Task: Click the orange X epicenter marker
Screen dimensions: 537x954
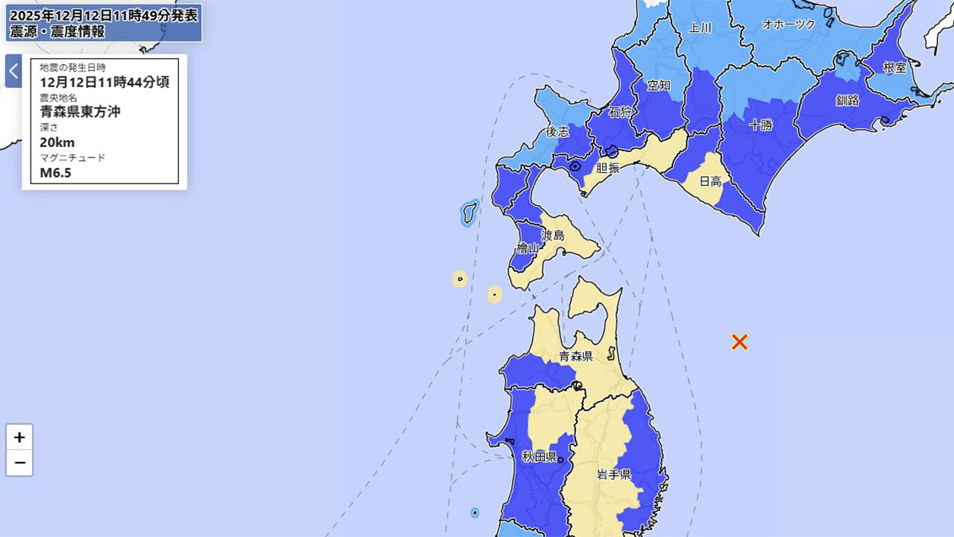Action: click(x=739, y=342)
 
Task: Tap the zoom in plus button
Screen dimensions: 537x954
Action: click(x=19, y=437)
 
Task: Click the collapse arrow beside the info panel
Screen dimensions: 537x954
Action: click(x=13, y=71)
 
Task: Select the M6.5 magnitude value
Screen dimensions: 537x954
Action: click(x=55, y=173)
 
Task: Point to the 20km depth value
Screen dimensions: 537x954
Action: click(x=57, y=142)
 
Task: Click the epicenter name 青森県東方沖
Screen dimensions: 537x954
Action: click(x=80, y=112)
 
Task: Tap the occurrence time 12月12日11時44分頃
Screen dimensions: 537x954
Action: click(x=104, y=82)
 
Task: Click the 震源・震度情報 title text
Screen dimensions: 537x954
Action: click(x=57, y=31)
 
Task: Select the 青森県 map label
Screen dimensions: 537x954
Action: click(x=576, y=357)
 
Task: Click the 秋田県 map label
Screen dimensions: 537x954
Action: click(x=539, y=456)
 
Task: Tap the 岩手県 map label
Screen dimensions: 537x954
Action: click(x=613, y=474)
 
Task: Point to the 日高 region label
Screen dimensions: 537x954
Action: click(x=710, y=180)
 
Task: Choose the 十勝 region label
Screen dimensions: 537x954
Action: click(x=760, y=125)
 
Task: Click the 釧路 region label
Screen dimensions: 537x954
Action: click(x=847, y=100)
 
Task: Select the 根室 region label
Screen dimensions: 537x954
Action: click(x=894, y=67)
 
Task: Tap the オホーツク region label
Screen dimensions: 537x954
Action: click(x=789, y=25)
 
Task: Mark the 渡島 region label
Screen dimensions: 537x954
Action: click(x=552, y=236)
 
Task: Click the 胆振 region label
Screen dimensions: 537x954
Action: click(x=607, y=169)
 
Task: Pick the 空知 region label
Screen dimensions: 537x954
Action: click(x=658, y=84)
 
